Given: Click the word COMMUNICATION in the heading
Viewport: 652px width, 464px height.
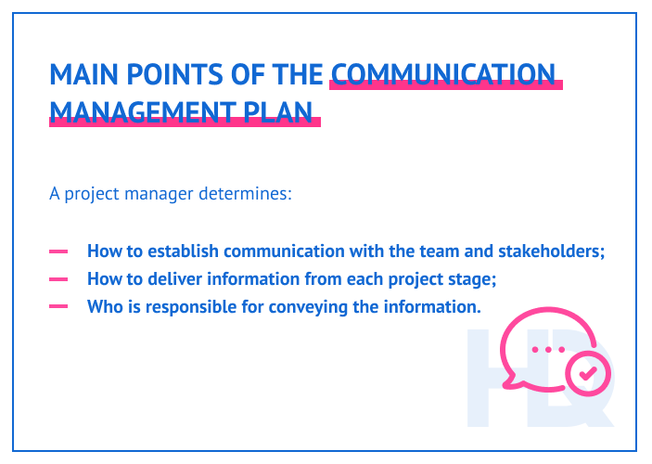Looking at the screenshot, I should click(443, 73).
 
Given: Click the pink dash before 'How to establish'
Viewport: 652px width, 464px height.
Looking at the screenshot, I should click(58, 251).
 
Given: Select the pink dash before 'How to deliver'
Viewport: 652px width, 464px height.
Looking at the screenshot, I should click(58, 278).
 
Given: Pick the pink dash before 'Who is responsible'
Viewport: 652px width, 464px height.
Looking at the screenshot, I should click(58, 306).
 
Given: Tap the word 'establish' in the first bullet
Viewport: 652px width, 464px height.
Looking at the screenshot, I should click(183, 251).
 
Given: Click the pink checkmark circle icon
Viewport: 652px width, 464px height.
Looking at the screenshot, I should click(588, 374).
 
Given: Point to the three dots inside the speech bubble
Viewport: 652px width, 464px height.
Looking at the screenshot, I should click(548, 349).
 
